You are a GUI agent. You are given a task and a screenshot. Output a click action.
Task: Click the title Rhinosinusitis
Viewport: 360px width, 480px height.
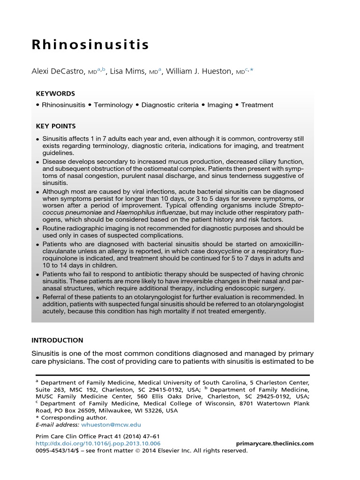90,45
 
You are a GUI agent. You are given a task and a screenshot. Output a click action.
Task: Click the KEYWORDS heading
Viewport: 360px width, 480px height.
55,94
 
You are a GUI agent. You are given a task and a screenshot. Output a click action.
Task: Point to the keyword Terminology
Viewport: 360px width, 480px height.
113,105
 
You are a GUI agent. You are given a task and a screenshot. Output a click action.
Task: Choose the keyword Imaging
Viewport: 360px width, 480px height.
219,105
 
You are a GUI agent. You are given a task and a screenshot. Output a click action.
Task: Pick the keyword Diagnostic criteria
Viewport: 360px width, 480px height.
170,105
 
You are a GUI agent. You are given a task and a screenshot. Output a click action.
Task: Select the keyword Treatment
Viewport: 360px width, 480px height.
257,105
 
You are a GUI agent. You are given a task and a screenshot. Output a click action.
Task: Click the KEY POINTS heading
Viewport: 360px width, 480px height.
56,126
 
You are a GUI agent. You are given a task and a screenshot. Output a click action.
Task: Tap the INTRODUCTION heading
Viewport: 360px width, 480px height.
57,340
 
